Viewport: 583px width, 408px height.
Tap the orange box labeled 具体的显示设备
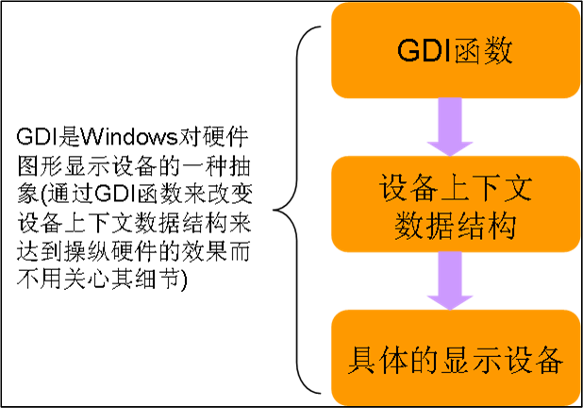coord(454,359)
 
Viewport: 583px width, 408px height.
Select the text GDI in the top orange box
coord(416,51)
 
